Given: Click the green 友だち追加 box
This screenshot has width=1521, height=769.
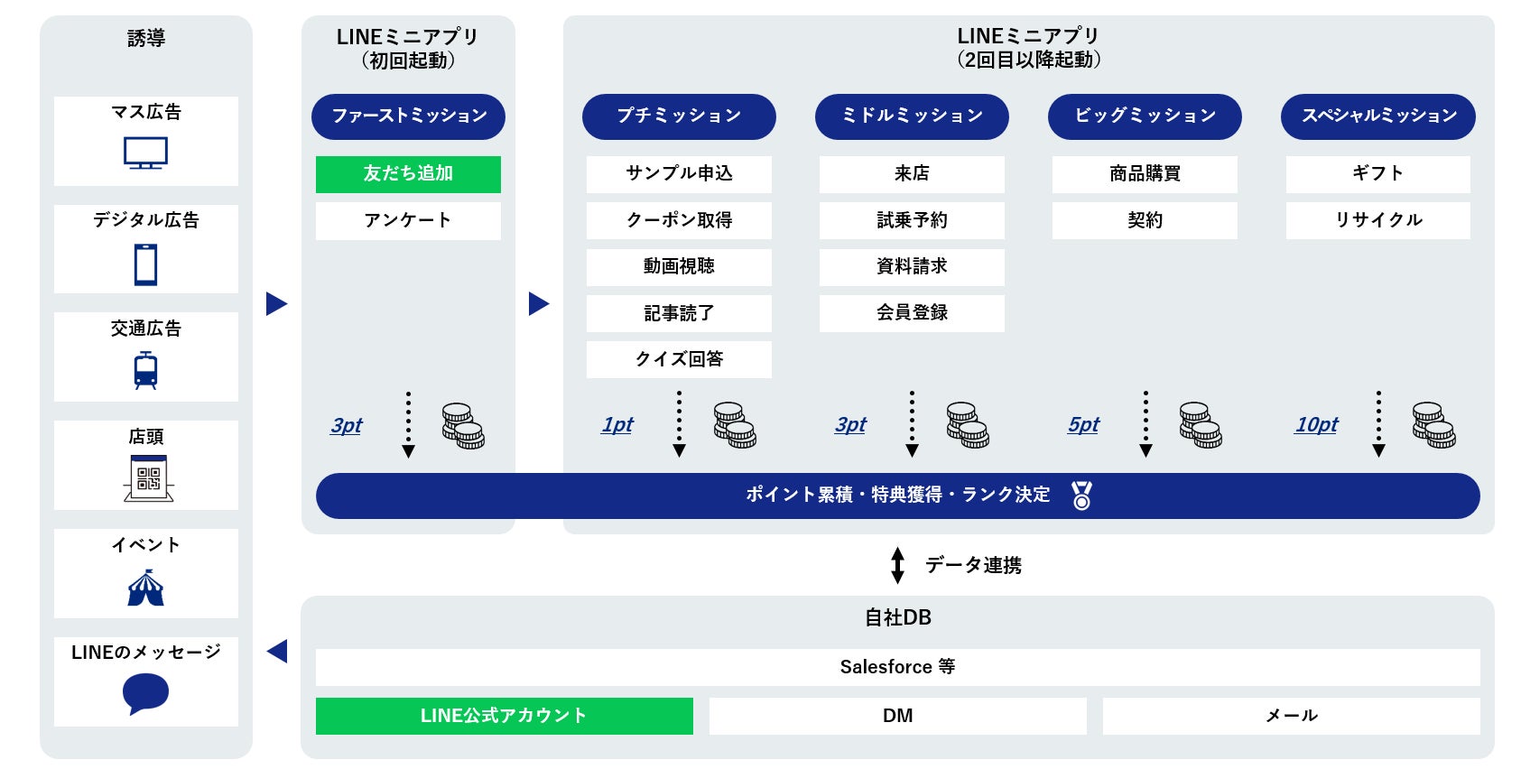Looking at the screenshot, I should (x=408, y=174).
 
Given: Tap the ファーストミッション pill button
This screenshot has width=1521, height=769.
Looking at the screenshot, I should (x=408, y=116).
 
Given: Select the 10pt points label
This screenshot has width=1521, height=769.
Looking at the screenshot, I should (x=1316, y=425).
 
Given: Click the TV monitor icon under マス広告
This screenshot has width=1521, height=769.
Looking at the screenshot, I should (x=145, y=153).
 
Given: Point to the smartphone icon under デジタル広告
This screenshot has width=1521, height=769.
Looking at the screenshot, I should (x=145, y=264).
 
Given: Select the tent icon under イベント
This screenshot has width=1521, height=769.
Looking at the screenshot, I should (x=145, y=588).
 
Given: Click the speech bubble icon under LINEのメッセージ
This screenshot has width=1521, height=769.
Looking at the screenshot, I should (x=145, y=694).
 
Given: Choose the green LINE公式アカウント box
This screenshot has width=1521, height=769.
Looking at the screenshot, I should (x=504, y=716).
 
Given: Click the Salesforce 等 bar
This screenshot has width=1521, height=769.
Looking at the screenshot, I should (x=897, y=667).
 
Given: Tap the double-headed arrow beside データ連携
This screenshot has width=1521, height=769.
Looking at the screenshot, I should (x=897, y=565).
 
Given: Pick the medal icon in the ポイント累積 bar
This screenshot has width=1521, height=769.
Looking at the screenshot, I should (x=1081, y=496).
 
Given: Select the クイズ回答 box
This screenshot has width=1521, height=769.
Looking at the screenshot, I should (x=679, y=359).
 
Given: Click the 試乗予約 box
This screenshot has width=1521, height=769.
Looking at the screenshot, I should (x=912, y=220).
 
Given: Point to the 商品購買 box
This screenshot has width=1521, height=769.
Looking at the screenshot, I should (x=1145, y=174).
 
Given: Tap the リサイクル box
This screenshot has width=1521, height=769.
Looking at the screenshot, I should (x=1377, y=220).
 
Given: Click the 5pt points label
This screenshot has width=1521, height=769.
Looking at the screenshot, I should (x=1083, y=425).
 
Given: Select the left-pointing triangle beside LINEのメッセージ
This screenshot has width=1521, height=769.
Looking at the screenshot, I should (x=277, y=651).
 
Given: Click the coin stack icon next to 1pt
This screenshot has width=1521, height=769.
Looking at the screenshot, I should (x=735, y=425).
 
